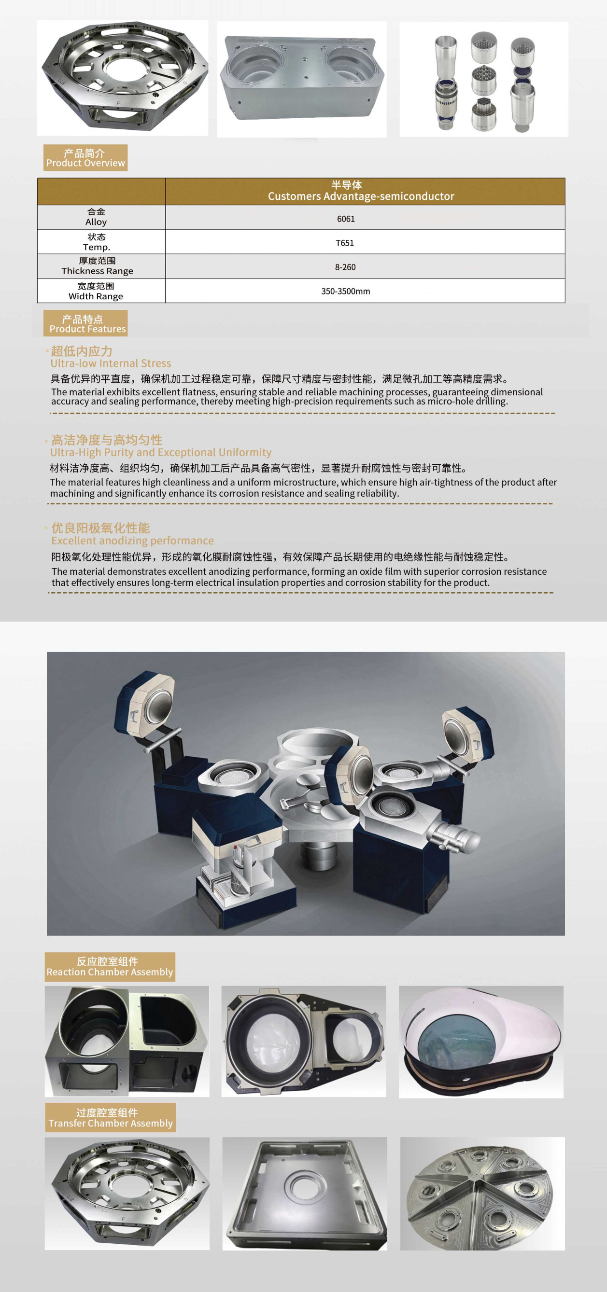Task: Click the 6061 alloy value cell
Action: [346, 219]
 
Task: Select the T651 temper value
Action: [345, 243]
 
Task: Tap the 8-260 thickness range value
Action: [345, 267]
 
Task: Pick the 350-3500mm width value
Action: [346, 291]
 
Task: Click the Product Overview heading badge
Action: [85, 157]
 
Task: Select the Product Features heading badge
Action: [86, 323]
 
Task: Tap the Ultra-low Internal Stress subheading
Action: [111, 363]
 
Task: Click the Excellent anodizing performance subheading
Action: [132, 540]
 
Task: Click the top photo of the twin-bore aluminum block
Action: [301, 79]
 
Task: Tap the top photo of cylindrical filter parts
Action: [483, 79]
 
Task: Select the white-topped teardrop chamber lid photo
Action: [481, 1042]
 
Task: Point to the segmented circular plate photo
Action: [482, 1194]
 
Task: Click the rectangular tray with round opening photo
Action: [305, 1194]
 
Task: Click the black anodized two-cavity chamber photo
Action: [127, 1041]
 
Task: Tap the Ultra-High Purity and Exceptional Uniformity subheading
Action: [160, 452]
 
